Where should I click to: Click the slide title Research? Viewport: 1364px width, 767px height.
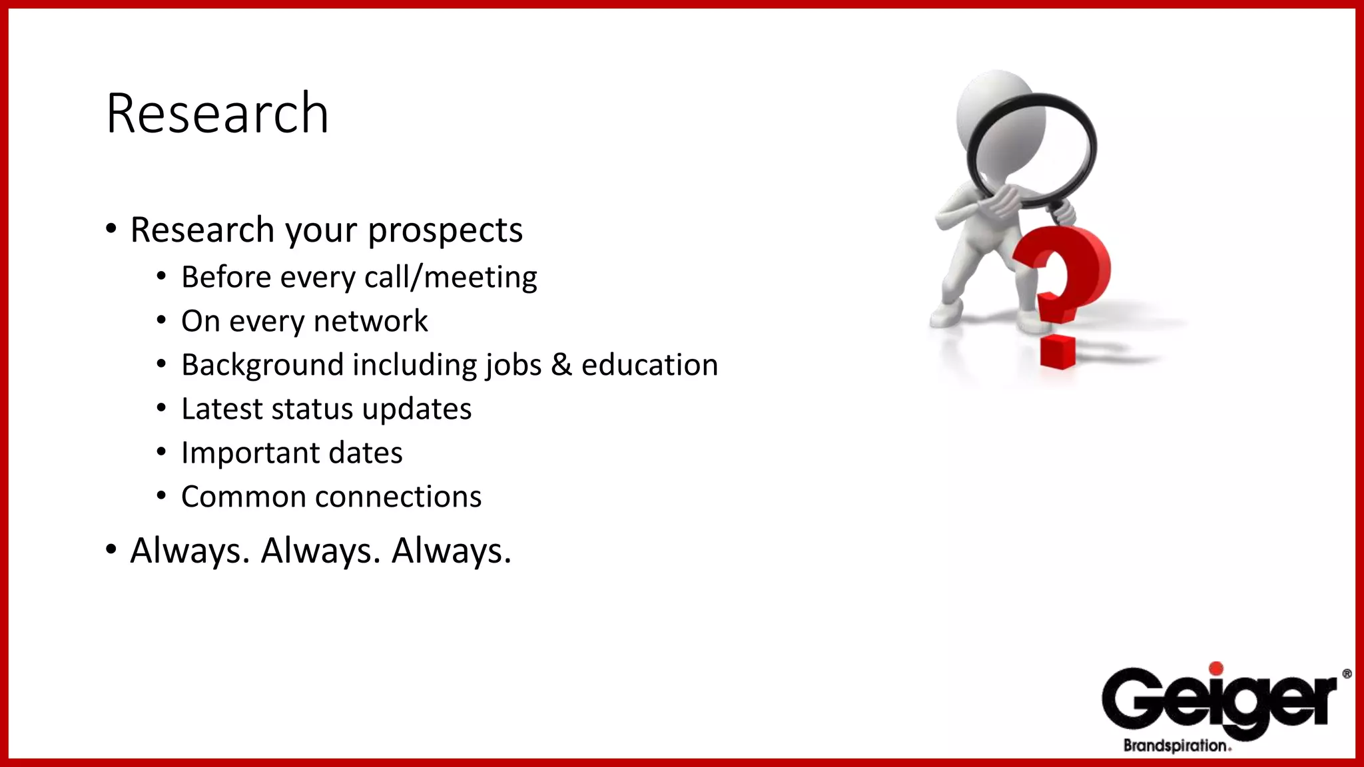coord(217,114)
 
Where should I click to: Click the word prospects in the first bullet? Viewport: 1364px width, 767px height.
coord(445,231)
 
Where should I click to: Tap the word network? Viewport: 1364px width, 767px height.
coord(370,322)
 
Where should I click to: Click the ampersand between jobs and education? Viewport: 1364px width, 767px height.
coord(561,365)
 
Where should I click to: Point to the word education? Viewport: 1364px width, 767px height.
coord(649,365)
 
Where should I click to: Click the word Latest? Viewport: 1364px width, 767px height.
coord(222,409)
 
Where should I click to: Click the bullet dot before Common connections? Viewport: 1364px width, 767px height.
coord(161,496)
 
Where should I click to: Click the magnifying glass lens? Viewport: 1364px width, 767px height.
coord(1031,150)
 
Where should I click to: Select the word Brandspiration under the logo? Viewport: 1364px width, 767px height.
coord(1176,746)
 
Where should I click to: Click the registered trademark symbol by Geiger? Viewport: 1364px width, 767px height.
coord(1347,674)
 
